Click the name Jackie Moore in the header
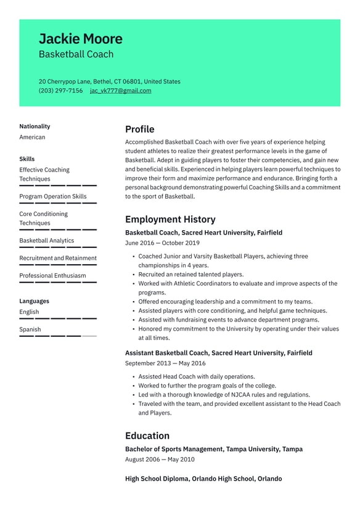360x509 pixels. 80,39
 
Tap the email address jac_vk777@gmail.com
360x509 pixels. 120,91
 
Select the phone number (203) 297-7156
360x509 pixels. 60,91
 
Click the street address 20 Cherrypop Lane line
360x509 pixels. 109,81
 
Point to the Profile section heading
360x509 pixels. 139,129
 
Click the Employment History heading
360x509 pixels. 170,219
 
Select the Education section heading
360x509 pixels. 147,435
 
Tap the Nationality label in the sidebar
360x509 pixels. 35,126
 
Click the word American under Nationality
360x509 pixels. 32,137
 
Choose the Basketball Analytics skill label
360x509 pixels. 46,241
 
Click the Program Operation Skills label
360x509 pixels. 52,196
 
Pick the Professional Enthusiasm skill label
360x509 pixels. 52,276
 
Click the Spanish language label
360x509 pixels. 30,329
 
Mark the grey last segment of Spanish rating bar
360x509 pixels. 89,336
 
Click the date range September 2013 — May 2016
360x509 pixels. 165,363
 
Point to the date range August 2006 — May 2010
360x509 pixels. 160,460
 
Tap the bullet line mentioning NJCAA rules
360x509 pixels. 224,395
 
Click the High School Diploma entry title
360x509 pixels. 203,479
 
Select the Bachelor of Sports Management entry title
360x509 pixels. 213,449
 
